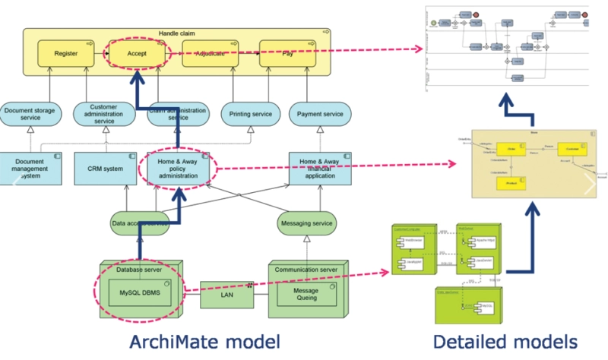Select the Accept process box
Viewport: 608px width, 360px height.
point(138,54)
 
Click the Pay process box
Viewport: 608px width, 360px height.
point(287,54)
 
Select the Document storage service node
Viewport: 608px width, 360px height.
point(30,114)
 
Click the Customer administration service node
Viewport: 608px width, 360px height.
point(103,114)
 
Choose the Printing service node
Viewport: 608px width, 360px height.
point(250,114)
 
